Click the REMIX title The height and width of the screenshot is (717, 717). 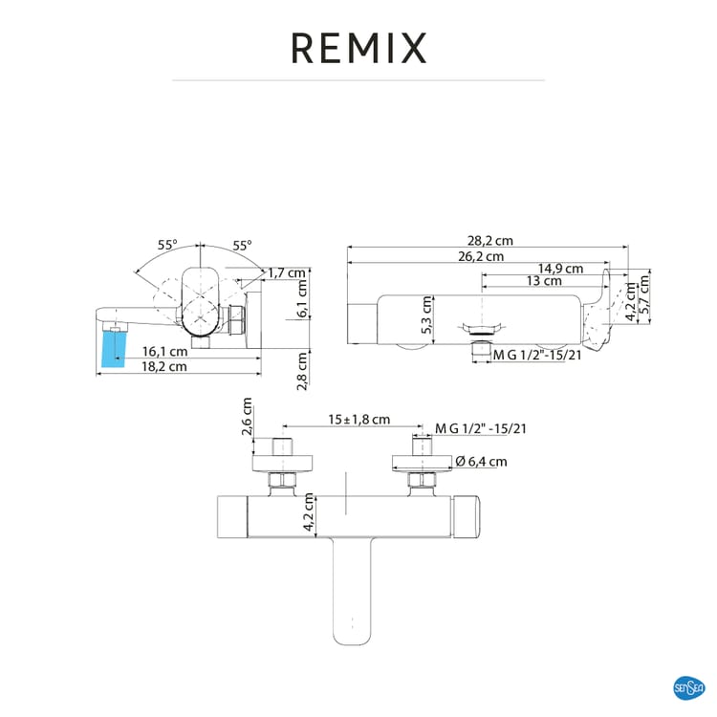pos(358,45)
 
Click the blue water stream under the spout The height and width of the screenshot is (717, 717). pos(112,347)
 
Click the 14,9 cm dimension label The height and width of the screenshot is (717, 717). pos(560,269)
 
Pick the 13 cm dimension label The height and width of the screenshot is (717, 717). pos(544,281)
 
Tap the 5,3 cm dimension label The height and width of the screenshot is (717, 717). pos(427,314)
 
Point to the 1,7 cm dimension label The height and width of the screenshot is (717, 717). pos(287,272)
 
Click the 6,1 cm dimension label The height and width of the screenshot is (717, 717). pos(302,298)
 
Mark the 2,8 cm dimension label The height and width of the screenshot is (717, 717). pos(302,370)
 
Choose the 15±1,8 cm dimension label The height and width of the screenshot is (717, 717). pos(360,419)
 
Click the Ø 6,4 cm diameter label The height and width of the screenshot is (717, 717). pos(481,461)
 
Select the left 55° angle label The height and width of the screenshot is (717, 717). pos(167,245)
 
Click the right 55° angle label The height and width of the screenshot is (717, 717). pos(240,245)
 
